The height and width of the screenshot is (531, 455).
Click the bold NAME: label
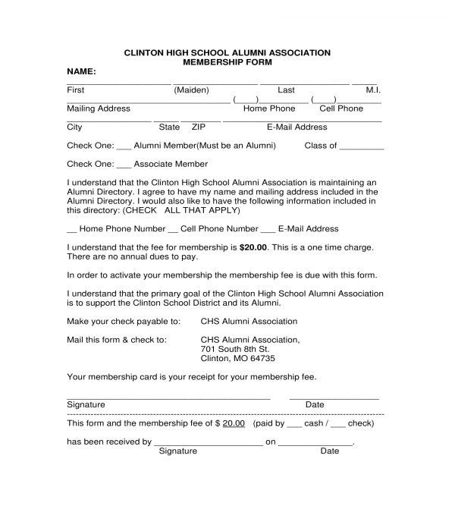point(81,71)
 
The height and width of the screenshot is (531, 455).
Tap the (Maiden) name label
point(191,90)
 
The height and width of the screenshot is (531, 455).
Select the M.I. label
point(373,90)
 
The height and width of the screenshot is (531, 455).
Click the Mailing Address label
point(99,108)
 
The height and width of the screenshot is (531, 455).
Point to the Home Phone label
point(269,108)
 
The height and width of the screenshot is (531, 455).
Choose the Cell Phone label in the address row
point(341,108)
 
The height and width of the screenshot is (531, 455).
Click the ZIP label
point(199,127)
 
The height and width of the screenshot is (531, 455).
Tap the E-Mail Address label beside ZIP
point(297,127)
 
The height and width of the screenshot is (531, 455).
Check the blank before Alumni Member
point(124,146)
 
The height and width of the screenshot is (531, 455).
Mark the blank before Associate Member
point(124,165)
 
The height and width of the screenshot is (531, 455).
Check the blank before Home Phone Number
point(72,229)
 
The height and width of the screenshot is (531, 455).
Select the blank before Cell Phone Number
point(173,229)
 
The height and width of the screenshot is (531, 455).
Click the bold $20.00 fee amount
point(253,247)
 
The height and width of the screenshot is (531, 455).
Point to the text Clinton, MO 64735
point(237,358)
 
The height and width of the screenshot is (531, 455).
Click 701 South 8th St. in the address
point(234,349)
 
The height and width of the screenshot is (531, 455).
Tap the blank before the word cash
point(294,424)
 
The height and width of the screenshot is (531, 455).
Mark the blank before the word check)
point(338,424)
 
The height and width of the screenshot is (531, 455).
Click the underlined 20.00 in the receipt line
point(234,423)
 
